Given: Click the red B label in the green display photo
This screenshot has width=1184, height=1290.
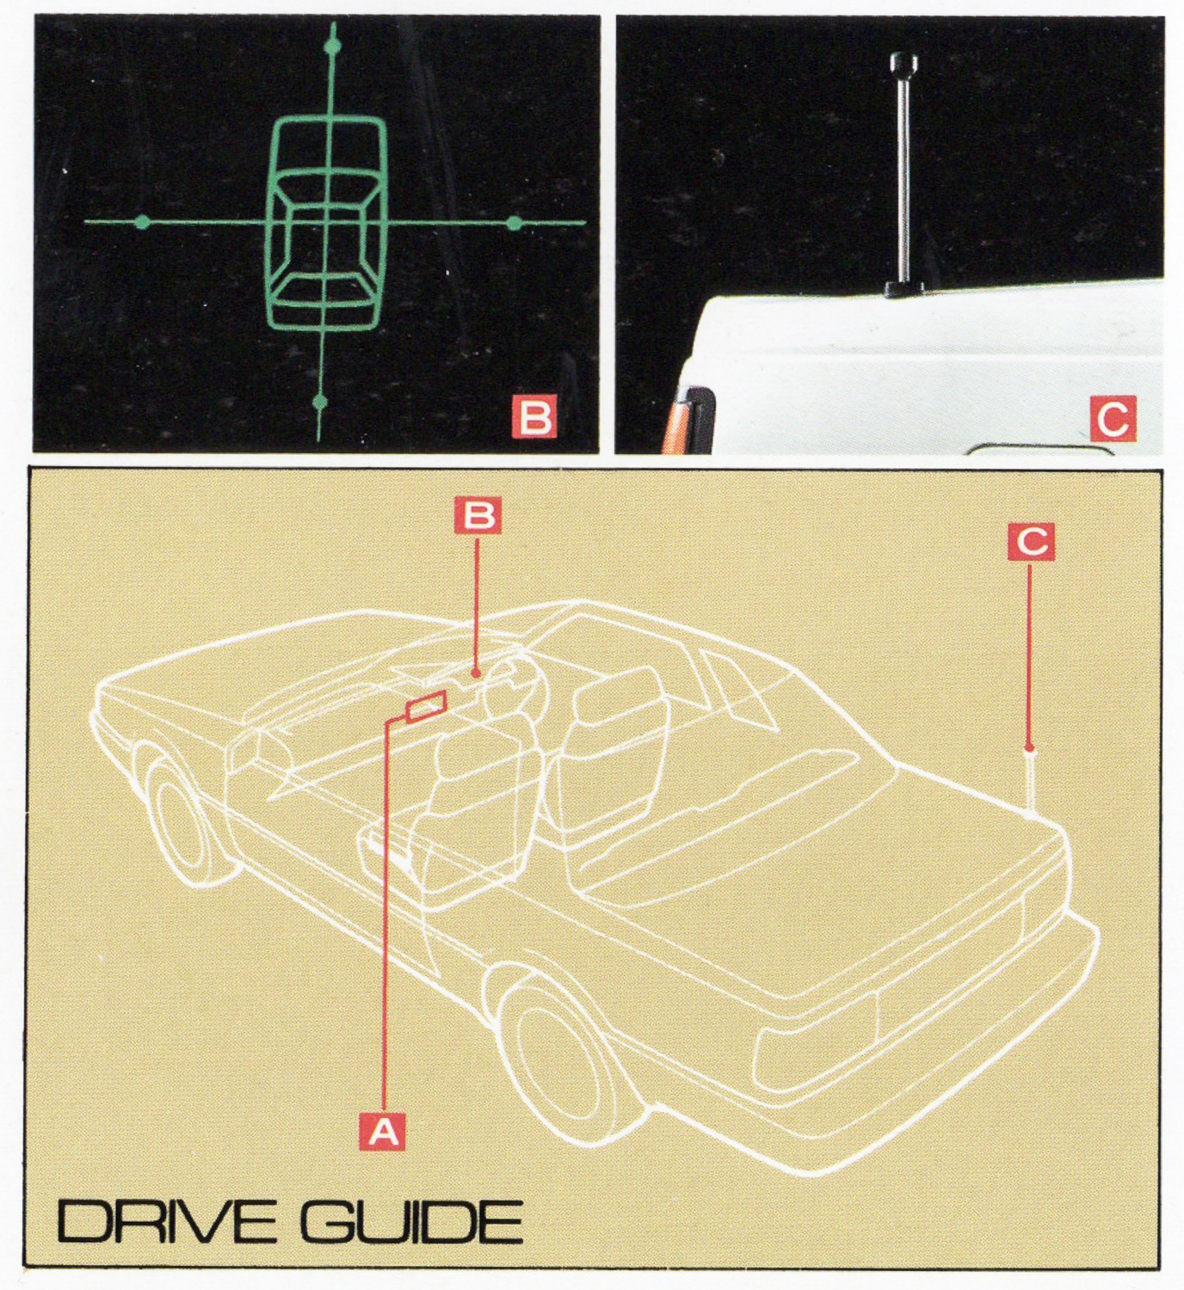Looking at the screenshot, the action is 533,417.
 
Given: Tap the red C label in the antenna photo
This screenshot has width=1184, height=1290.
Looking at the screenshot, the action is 1113,419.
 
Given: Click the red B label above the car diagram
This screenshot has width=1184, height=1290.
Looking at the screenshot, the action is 478,516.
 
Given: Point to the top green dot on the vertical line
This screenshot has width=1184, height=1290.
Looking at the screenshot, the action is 332,46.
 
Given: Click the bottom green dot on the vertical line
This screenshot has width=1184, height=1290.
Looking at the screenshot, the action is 320,402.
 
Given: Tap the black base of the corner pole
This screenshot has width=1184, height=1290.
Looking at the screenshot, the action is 904,289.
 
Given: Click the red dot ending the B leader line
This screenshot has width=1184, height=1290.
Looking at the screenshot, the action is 476,674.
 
